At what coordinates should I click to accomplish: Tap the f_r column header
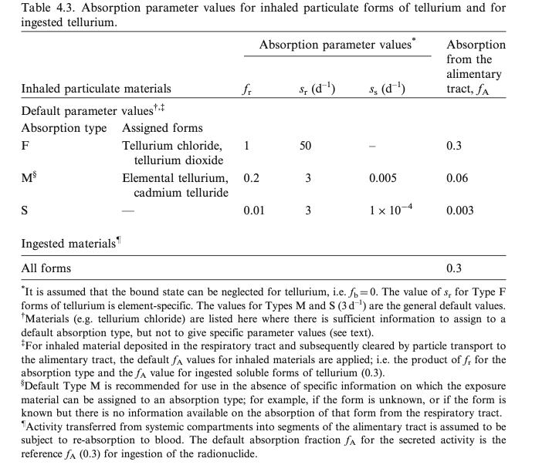tap(246, 89)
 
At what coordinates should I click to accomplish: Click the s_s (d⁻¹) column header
tap(388, 89)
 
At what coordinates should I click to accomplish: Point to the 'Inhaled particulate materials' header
tap(96, 89)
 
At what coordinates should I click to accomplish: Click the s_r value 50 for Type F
tap(305, 145)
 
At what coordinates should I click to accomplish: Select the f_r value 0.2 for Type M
tap(251, 177)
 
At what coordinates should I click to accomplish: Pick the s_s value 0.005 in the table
tap(384, 177)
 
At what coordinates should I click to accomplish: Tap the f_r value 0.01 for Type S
tap(253, 210)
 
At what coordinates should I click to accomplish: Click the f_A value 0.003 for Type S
tap(460, 210)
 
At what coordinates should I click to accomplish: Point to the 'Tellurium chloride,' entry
tap(172, 145)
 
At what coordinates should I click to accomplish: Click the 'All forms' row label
tap(46, 268)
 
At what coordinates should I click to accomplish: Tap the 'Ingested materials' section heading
tap(70, 244)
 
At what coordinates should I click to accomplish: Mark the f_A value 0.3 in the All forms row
tap(454, 268)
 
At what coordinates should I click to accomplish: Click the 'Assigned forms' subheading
tap(162, 127)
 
